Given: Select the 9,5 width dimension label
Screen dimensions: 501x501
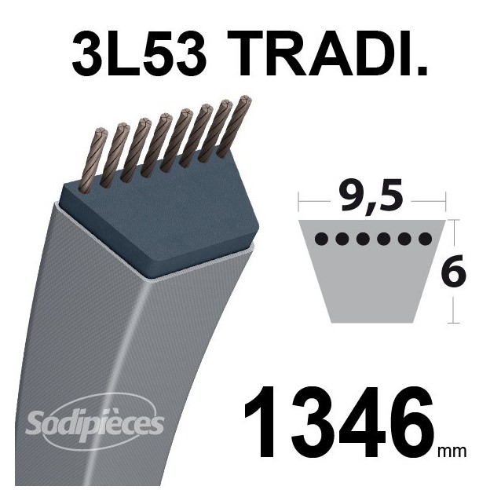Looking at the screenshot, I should click(x=371, y=195).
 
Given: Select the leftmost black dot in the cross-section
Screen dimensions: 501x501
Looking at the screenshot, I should click(x=320, y=236).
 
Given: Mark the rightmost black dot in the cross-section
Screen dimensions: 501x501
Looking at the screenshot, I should click(x=425, y=236).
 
